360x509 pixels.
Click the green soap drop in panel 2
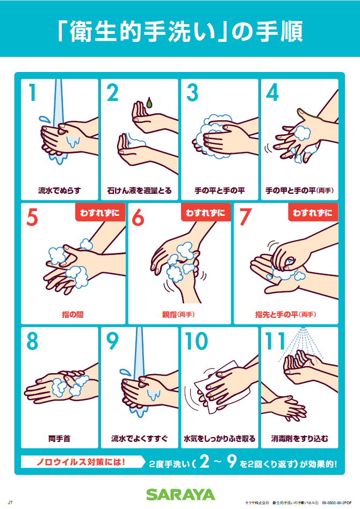149,103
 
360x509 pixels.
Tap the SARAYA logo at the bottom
181,495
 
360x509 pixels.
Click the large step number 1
32,92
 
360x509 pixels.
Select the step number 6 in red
138,217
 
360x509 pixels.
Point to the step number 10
197,341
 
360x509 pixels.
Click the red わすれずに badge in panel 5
100,213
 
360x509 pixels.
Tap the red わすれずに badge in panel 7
313,213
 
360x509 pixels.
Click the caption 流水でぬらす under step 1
60,191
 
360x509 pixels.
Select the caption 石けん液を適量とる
139,191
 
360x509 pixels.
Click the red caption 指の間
73,315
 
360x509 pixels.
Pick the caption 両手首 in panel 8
60,439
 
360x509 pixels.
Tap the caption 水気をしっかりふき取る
220,439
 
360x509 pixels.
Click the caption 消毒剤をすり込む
300,439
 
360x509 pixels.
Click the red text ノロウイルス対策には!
80,462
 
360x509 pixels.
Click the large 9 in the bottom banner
232,461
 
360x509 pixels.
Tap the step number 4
272,92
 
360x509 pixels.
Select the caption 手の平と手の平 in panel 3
220,191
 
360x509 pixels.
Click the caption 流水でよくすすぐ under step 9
139,439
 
